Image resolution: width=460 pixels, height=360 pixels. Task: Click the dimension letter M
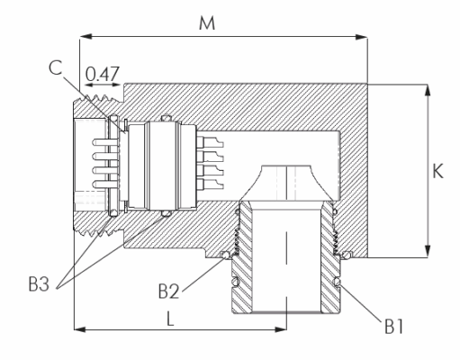coord(207,23)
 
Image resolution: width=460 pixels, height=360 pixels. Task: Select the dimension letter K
coord(437,172)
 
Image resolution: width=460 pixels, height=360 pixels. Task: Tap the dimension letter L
coord(170,319)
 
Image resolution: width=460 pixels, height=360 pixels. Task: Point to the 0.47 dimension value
coord(103,74)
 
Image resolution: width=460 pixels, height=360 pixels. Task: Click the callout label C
coord(56,67)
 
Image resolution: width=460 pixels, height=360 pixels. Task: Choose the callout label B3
coord(39,283)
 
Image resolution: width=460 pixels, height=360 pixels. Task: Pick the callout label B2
coord(168,291)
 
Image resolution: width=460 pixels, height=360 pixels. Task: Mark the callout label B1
coord(394,327)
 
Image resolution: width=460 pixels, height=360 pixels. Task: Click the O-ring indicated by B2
coord(225,255)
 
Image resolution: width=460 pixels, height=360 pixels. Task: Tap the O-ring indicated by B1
coord(337,282)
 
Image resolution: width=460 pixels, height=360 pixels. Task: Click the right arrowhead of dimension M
coord(361,37)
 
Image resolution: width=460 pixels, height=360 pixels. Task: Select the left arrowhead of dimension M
coord(86,37)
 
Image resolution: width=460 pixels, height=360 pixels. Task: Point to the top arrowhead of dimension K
coord(428,91)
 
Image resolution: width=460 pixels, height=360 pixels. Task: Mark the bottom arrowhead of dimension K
coord(428,251)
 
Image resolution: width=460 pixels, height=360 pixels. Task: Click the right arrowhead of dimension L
coord(281,329)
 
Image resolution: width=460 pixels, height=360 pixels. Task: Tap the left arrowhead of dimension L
coord(80,329)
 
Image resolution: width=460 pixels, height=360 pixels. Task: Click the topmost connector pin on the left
coord(105,142)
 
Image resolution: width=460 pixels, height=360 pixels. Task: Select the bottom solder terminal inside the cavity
coord(210,184)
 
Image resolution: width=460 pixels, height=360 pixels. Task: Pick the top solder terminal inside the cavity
coord(210,142)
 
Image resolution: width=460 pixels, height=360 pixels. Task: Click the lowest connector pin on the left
coord(105,184)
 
